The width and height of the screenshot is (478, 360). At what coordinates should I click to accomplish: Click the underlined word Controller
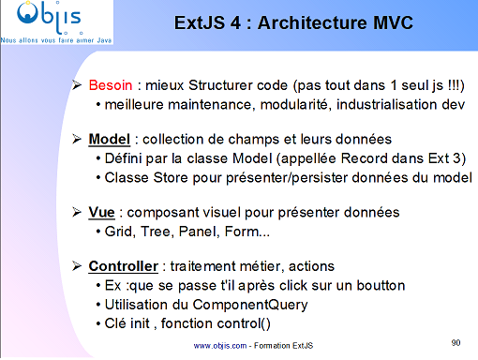tap(124, 265)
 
